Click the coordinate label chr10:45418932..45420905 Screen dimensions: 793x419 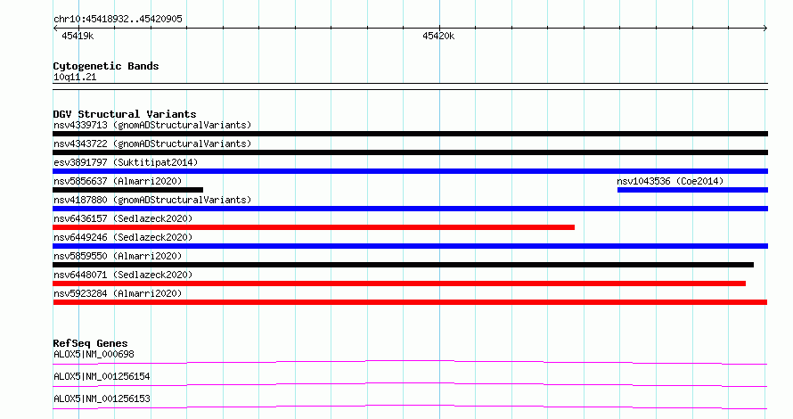tap(118, 19)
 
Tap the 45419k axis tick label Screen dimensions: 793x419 tap(78, 36)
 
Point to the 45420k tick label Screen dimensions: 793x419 tap(438, 36)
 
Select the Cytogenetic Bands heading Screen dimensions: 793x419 tap(106, 66)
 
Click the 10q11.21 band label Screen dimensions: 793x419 tap(75, 77)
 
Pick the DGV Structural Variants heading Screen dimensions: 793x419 tap(125, 114)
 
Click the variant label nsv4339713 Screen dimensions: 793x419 tap(80, 125)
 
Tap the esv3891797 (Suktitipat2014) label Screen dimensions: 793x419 tap(126, 162)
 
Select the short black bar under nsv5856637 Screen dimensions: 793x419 tap(128, 190)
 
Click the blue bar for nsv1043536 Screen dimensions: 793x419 tap(692, 190)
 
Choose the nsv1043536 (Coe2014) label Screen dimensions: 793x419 tap(670, 181)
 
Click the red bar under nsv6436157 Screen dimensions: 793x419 tap(314, 227)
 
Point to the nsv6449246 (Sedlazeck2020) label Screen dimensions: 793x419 tap(123, 237)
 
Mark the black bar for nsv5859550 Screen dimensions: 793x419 tap(403, 265)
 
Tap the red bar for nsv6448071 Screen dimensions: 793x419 tap(399, 283)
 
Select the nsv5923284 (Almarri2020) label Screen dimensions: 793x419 tap(118, 293)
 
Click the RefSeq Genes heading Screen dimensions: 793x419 tap(90, 343)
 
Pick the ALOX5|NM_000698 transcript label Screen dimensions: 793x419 tap(94, 354)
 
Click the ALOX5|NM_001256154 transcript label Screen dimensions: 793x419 tap(102, 376)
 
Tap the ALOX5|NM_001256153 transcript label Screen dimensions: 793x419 tap(102, 398)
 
